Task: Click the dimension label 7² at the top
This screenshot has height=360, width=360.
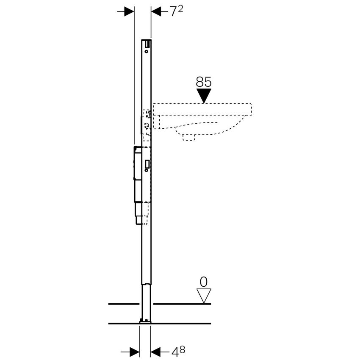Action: tap(176, 12)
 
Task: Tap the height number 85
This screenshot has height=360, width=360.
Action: tap(204, 82)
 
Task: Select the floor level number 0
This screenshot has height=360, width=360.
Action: tap(204, 282)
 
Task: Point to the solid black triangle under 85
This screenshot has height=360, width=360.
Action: tap(204, 95)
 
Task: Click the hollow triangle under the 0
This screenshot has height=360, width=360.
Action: tap(204, 295)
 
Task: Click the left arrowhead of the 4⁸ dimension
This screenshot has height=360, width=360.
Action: tap(134, 351)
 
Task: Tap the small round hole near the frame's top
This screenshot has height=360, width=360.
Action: tap(146, 52)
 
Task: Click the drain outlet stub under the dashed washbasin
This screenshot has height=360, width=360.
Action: tap(188, 136)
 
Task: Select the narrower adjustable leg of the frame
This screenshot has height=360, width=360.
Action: tap(145, 301)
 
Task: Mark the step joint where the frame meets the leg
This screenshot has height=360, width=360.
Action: tap(145, 283)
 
